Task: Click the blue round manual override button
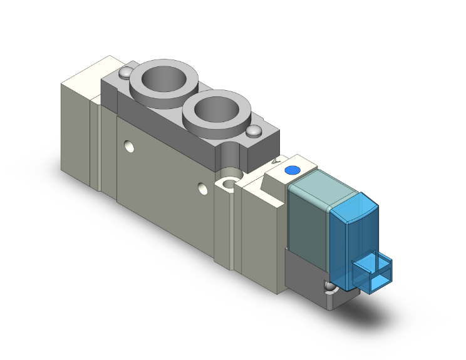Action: pyautogui.click(x=291, y=170)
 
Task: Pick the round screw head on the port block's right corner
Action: pyautogui.click(x=254, y=132)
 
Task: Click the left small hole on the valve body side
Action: pyautogui.click(x=130, y=148)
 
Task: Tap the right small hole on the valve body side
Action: pyautogui.click(x=202, y=188)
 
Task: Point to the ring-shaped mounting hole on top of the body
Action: pyautogui.click(x=228, y=182)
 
